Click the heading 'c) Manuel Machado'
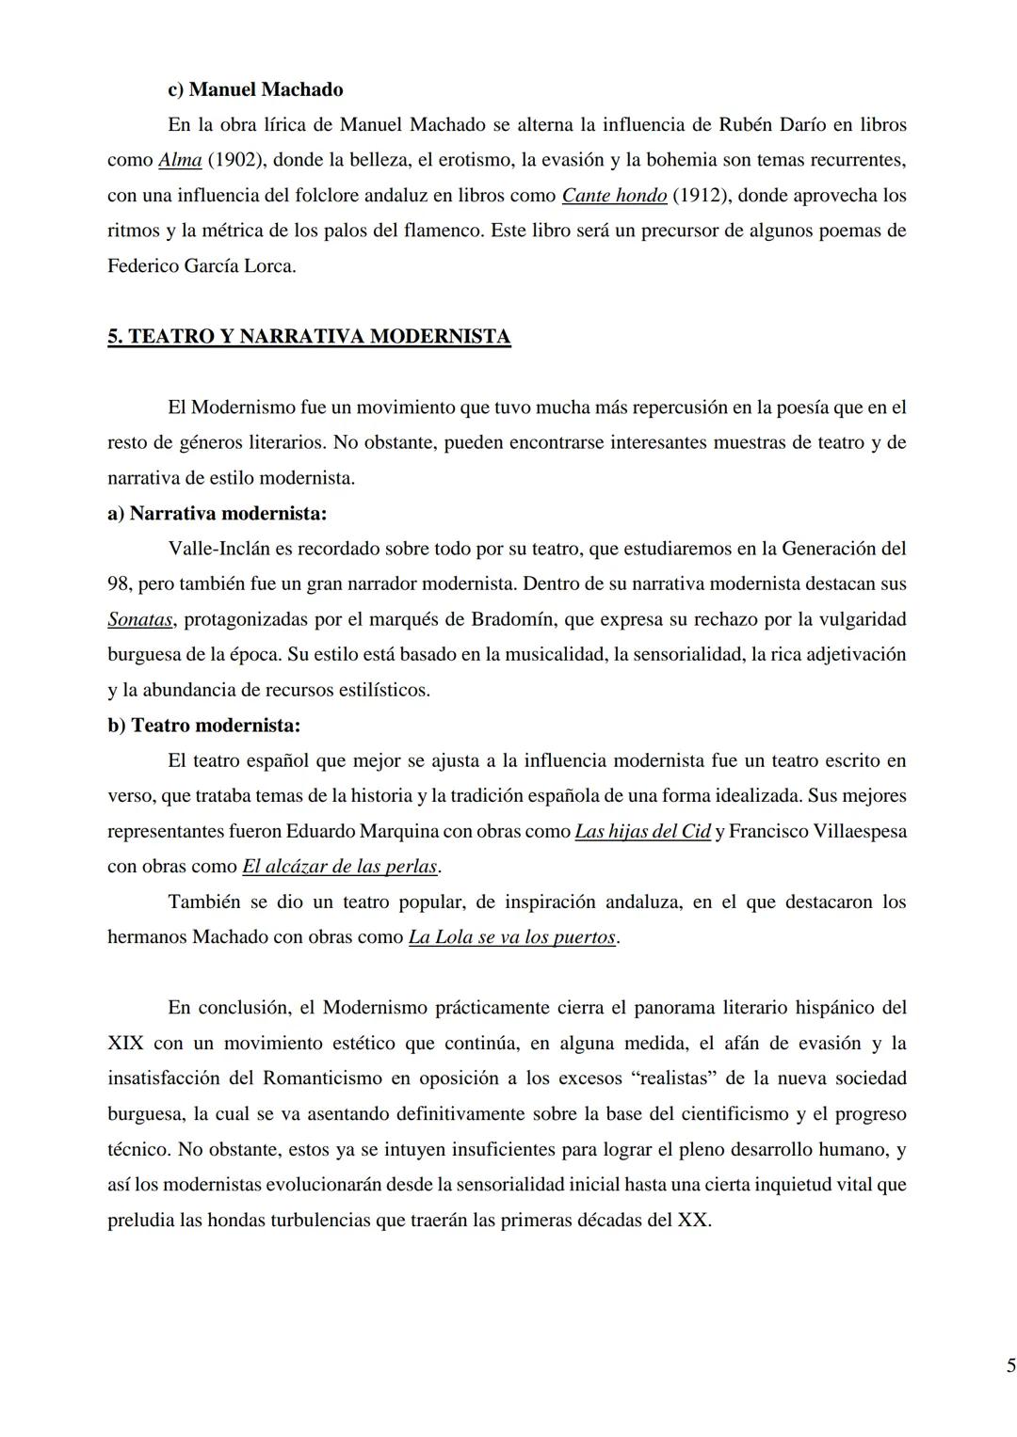tap(254, 89)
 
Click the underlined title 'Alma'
tap(180, 160)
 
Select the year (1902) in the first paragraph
tap(234, 160)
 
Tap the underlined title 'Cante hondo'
tap(614, 196)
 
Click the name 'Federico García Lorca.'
tap(202, 266)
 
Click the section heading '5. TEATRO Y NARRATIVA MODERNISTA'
tap(309, 337)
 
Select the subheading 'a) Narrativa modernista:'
tap(217, 514)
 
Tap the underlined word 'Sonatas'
tap(139, 619)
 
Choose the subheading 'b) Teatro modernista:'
tap(203, 726)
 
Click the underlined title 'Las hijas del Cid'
tap(642, 832)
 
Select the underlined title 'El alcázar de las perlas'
tap(340, 867)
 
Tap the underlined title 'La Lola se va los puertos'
tap(512, 938)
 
